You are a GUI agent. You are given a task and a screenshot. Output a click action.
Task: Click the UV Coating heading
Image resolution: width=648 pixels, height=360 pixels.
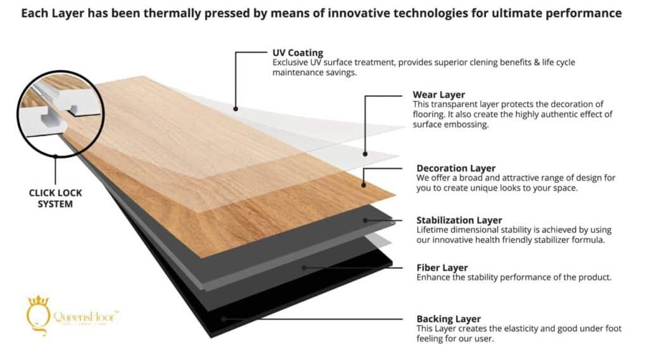pos(297,53)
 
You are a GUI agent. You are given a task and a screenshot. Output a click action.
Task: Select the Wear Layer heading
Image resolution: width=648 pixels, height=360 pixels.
pos(439,95)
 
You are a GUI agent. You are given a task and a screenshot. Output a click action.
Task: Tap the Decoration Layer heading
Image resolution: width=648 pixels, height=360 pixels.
pos(456,168)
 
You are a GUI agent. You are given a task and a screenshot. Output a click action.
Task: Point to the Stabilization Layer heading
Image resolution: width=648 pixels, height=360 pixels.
pos(459,220)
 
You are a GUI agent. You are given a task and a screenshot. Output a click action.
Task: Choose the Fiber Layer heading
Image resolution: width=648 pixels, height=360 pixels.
pos(442,268)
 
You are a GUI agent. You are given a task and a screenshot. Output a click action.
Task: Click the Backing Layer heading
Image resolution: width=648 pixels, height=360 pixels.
pos(448,319)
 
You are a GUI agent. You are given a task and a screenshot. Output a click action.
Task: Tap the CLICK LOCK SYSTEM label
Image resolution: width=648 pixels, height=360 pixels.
pos(56,198)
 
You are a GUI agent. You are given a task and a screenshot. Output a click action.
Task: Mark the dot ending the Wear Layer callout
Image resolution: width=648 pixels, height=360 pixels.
pos(365,154)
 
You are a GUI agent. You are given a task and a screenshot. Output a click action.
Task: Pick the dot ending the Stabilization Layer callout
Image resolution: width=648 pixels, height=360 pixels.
pos(366,220)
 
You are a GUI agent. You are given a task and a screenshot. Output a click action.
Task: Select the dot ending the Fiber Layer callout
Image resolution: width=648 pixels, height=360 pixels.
pos(304,268)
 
